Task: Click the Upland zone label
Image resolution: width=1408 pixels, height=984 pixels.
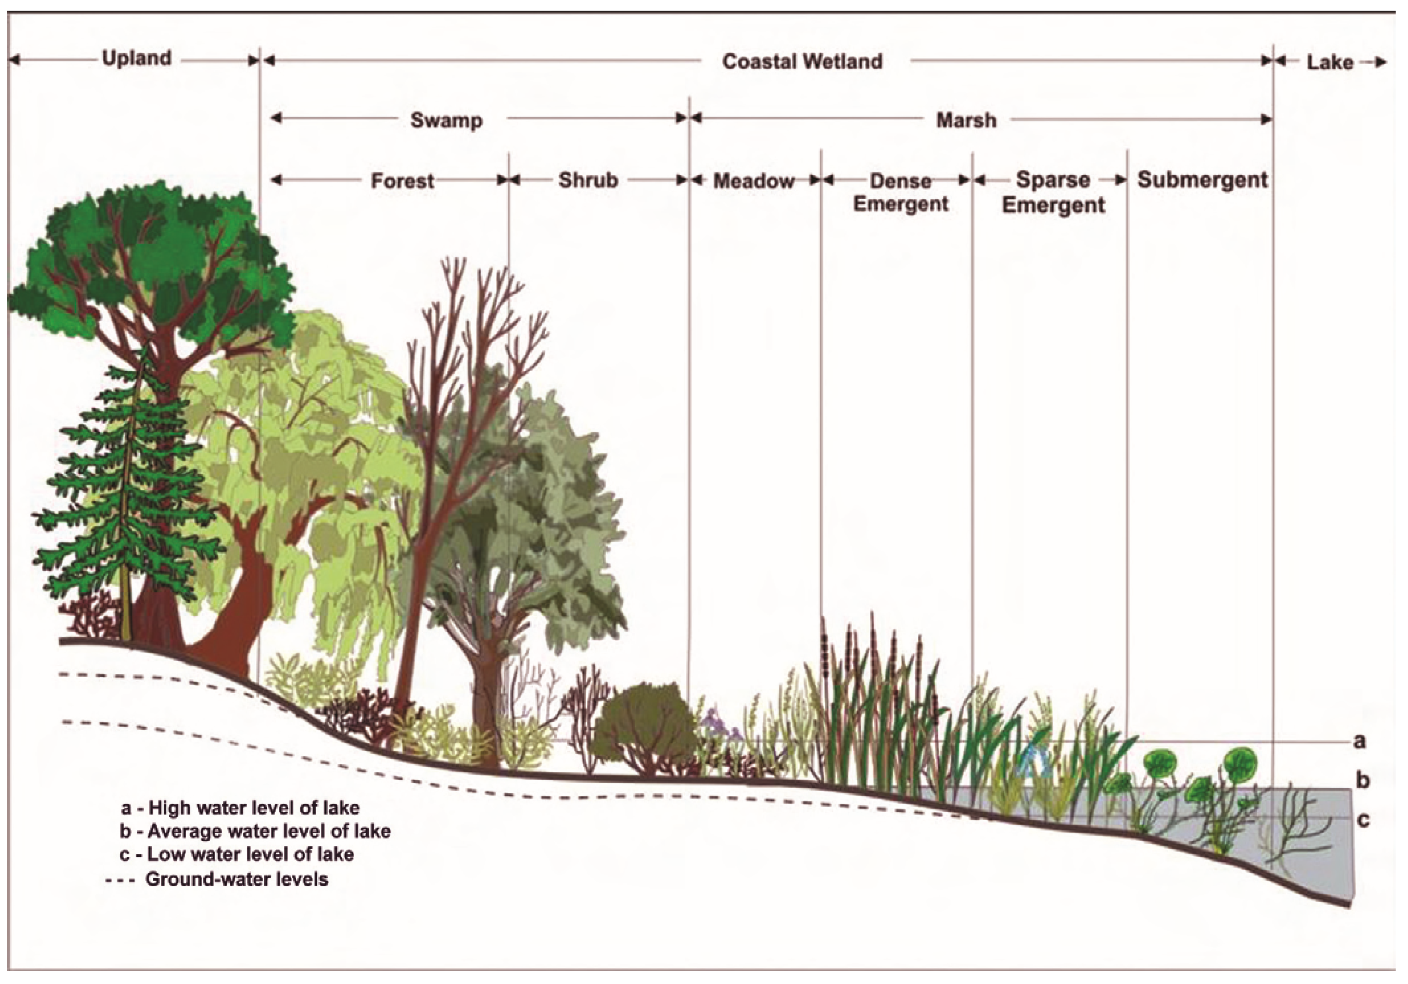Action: click(136, 59)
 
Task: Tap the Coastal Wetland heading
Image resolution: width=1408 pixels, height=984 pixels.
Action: click(802, 61)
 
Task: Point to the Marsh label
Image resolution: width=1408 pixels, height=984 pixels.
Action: click(966, 120)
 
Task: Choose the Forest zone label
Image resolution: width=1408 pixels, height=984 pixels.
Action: click(402, 181)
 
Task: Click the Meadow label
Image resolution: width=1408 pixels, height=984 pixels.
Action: click(754, 181)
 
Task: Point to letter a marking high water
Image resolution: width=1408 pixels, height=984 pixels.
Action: click(1359, 741)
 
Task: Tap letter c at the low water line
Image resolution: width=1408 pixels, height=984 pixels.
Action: click(1363, 820)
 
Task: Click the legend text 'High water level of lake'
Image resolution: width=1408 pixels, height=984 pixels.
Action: click(253, 807)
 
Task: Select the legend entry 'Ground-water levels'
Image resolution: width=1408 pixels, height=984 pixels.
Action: click(236, 879)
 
